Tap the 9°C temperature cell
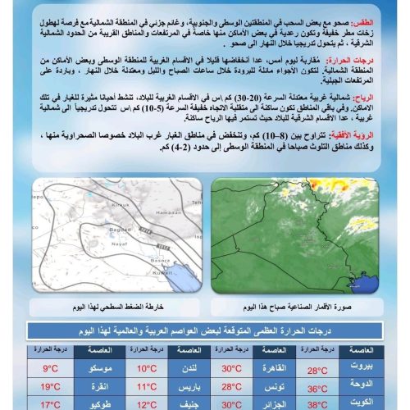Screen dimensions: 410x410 [x=51, y=368]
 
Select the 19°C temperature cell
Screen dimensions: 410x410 [x=51, y=386]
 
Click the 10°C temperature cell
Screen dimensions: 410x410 [x=147, y=368]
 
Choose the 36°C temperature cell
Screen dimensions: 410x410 [x=317, y=386]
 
